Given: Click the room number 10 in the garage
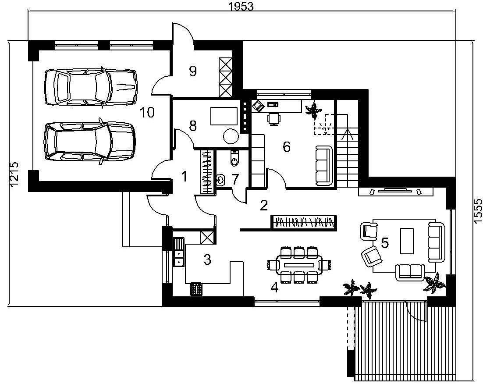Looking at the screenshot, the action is [x=147, y=113].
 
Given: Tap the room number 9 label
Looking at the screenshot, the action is [x=193, y=71].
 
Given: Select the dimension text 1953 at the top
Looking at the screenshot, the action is [x=241, y=7].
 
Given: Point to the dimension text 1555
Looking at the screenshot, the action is [x=478, y=211].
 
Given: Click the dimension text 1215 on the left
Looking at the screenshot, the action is [x=14, y=174].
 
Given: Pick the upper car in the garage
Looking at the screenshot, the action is [x=91, y=87].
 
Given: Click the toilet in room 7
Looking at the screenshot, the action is [x=234, y=158].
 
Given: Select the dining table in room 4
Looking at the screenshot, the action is [x=299, y=265].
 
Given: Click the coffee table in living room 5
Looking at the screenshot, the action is [x=407, y=241].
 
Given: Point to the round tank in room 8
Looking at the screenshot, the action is [x=231, y=136].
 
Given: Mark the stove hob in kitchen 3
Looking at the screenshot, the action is [x=196, y=289].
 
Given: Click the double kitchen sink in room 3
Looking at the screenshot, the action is [x=179, y=252].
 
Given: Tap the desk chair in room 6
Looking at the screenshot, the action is [x=274, y=119].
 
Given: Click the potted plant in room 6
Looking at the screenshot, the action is [x=313, y=110].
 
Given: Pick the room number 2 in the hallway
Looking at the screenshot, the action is [x=264, y=206].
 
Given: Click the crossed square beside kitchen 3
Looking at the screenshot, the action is [x=207, y=238].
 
